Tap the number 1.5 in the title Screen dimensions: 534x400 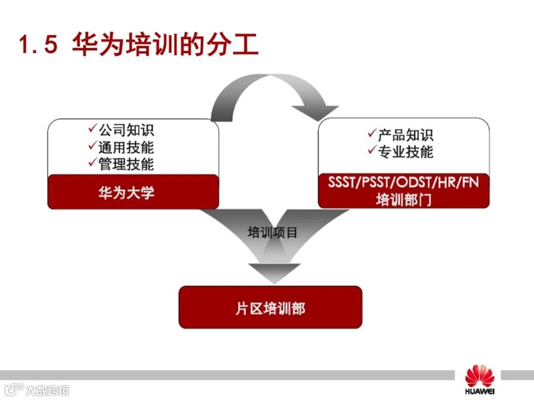coord(39,45)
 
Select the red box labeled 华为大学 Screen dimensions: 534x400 coord(133,192)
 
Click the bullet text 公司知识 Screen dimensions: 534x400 coord(126,130)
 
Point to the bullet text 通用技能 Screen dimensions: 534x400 coord(126,147)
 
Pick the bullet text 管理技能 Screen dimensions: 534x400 coord(126,163)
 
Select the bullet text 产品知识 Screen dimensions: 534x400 coord(405,135)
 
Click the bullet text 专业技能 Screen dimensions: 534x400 coord(405,152)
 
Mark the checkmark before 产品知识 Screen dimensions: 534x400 coord(372,133)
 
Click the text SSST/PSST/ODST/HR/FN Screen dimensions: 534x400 coord(403,182)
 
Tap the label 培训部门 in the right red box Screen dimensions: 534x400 coord(403,200)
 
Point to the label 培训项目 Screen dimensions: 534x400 coord(272,232)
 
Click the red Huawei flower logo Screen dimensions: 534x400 coord(479,376)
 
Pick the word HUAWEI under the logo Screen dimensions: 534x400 coord(479,393)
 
